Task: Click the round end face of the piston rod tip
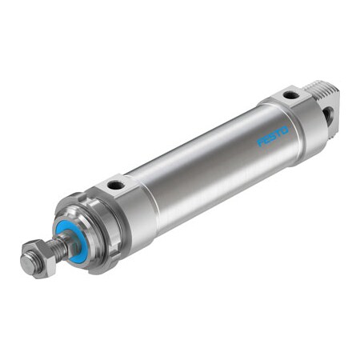(x=26, y=264)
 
